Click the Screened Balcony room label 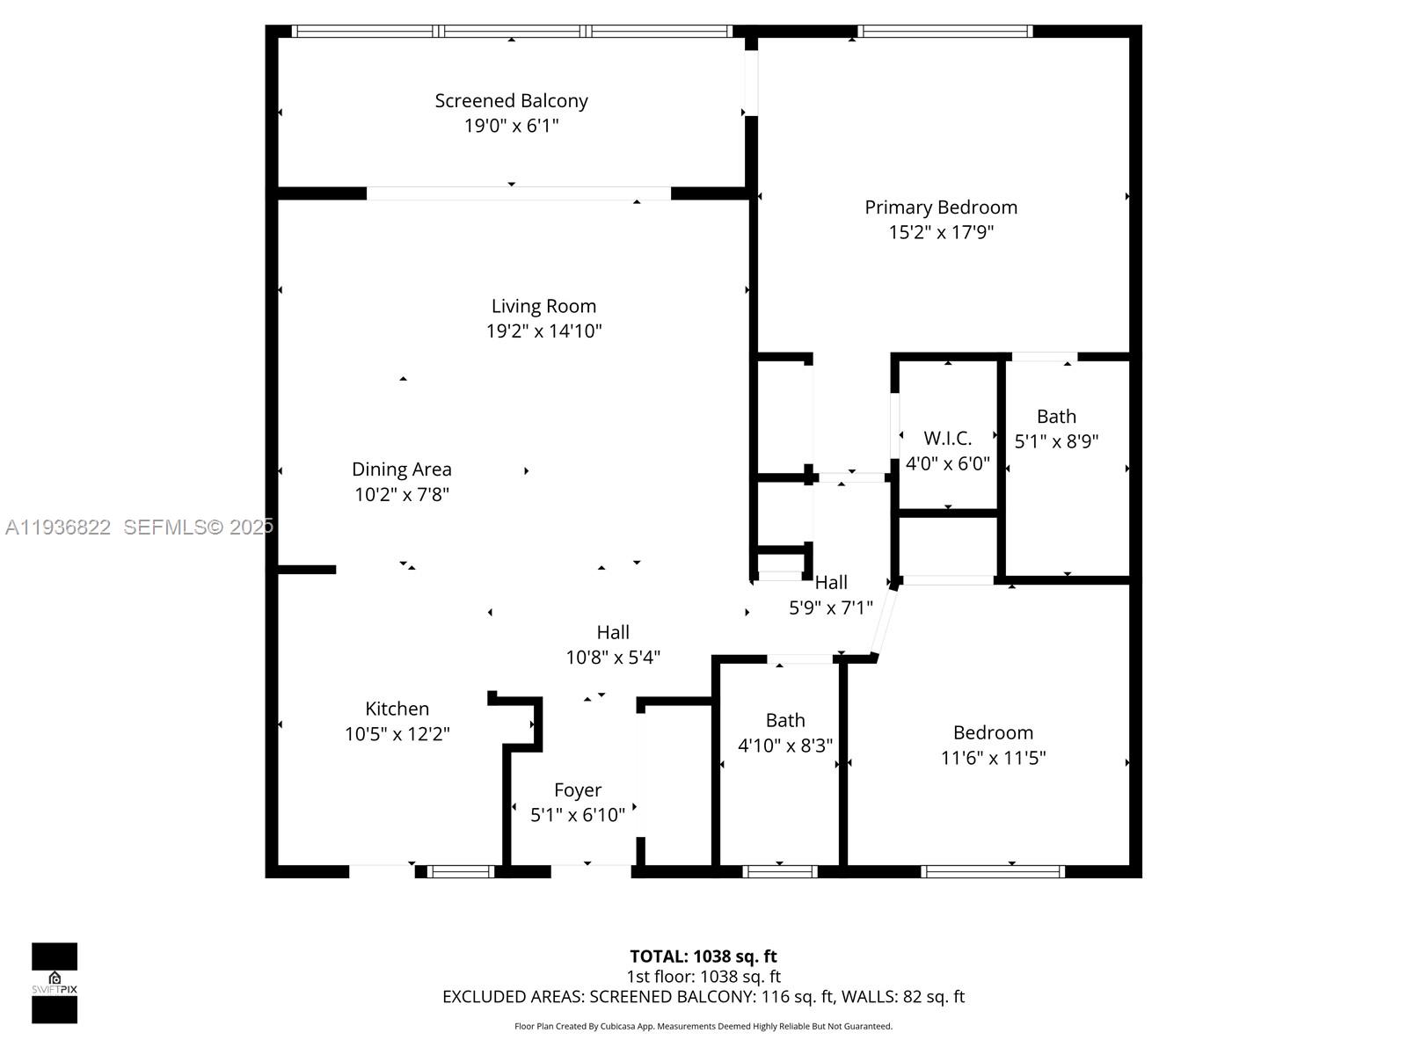[511, 100]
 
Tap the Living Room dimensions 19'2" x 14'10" [543, 331]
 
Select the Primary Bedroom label [940, 207]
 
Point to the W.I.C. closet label [947, 439]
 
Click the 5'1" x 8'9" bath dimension [1056, 441]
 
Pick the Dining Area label [401, 469]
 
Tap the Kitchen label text [397, 709]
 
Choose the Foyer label [578, 790]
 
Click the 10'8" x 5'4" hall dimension [613, 658]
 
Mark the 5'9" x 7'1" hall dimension [831, 608]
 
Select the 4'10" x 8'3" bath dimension [785, 746]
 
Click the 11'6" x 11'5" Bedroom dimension [993, 758]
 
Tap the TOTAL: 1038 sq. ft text [703, 957]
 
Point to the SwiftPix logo [55, 983]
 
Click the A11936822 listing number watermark [58, 527]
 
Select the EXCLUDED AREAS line [703, 997]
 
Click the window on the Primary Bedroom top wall [944, 32]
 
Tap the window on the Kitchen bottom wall [461, 871]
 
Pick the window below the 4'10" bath [779, 871]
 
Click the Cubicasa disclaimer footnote [703, 1026]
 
